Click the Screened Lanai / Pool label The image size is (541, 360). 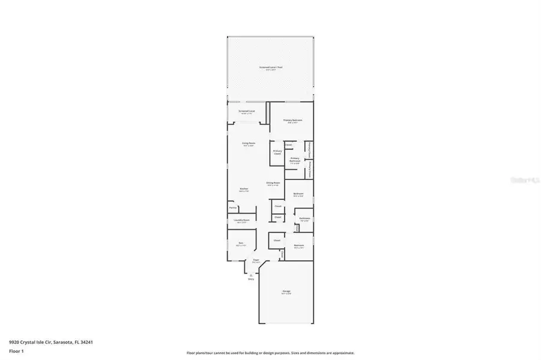270,67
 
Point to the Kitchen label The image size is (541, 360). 244,190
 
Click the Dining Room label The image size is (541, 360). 273,183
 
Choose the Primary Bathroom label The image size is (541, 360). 295,160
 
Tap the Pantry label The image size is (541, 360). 232,208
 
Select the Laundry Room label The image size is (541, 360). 241,220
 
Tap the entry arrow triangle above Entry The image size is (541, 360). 251,274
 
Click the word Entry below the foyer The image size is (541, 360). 251,279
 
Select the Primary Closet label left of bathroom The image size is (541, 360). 277,152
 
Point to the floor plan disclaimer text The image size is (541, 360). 270,353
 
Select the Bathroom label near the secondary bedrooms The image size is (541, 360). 304,219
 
